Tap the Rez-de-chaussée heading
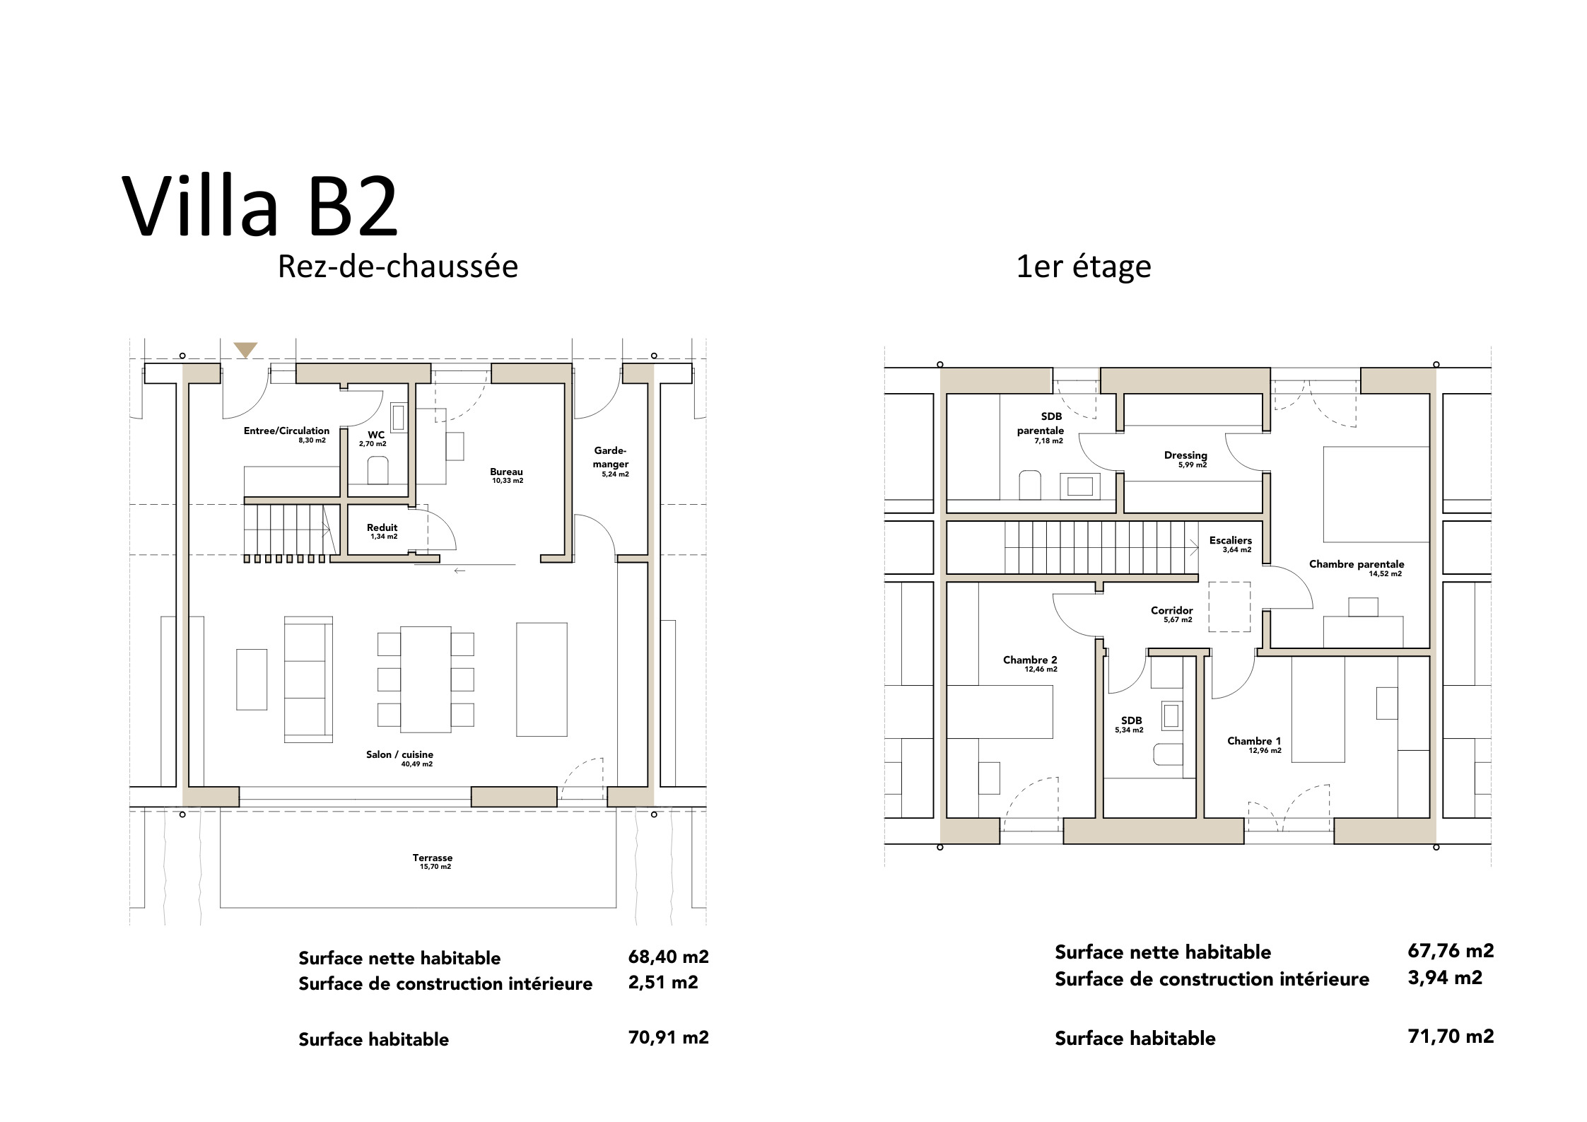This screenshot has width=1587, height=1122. (x=398, y=267)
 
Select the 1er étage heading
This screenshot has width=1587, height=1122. (x=1084, y=267)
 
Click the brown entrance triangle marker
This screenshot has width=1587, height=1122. (x=246, y=350)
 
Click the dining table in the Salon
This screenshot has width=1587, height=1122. (x=426, y=679)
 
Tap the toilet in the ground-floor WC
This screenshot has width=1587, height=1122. (x=378, y=470)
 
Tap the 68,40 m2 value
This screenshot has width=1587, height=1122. (x=668, y=957)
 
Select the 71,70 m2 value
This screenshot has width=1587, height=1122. (x=1451, y=1036)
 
